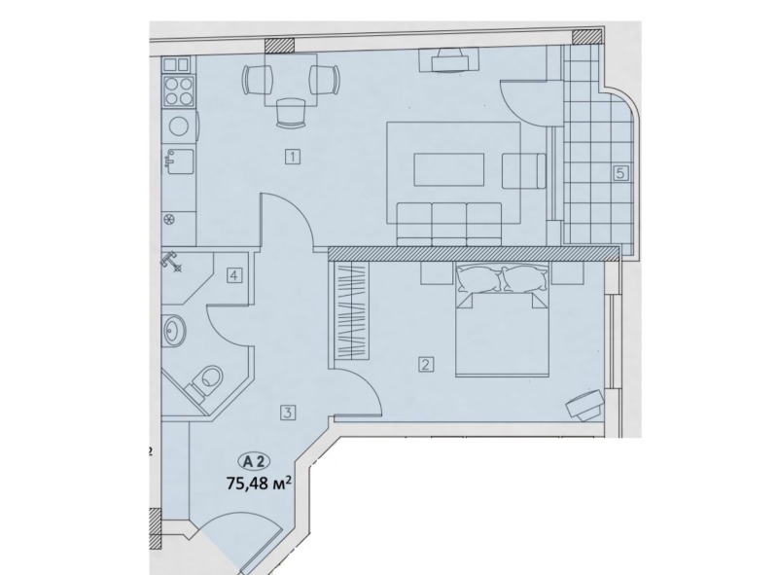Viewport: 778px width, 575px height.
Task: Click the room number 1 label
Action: click(293, 158)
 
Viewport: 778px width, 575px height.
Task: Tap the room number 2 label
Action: click(426, 365)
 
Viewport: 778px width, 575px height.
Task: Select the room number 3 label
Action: click(288, 413)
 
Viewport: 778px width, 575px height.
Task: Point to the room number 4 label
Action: click(234, 274)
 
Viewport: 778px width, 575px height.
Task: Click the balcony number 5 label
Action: click(620, 173)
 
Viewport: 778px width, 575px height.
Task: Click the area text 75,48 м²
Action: click(258, 483)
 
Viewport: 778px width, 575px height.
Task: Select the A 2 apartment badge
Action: click(255, 461)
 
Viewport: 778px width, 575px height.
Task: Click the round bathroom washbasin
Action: click(174, 330)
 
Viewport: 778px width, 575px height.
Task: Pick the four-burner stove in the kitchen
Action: click(179, 90)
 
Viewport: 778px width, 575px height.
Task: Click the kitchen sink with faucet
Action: click(178, 161)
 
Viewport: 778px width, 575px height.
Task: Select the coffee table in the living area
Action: click(448, 169)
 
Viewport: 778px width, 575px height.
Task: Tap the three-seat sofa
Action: click(448, 224)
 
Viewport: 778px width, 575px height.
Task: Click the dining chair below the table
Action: click(290, 112)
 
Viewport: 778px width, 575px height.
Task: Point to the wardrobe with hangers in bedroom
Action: click(353, 310)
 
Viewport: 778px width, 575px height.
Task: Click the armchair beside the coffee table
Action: click(524, 171)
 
